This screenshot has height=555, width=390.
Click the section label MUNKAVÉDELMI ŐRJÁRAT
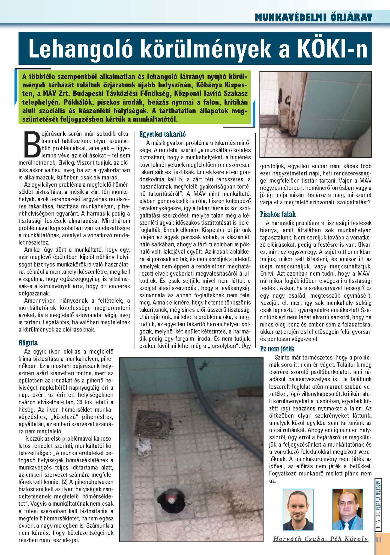click(313, 17)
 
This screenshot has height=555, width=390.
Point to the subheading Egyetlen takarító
click(162, 134)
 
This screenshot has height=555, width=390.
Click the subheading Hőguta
click(28, 343)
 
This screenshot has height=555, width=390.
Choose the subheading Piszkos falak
click(278, 214)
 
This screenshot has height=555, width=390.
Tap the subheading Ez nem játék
click(277, 349)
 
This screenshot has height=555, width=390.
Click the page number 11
click(379, 539)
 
